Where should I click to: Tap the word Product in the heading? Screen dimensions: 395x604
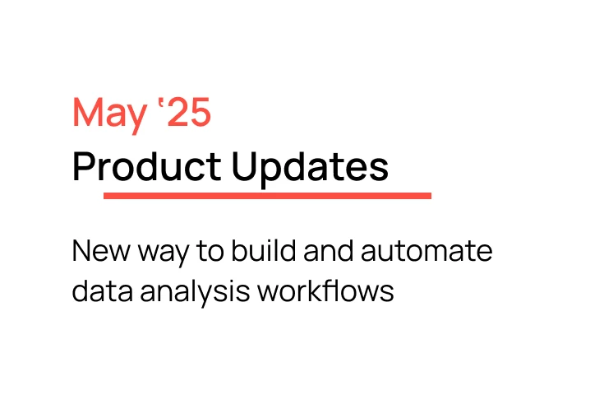coord(146,167)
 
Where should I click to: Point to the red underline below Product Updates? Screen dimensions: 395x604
coord(267,196)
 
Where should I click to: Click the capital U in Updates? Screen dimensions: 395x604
coord(244,167)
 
